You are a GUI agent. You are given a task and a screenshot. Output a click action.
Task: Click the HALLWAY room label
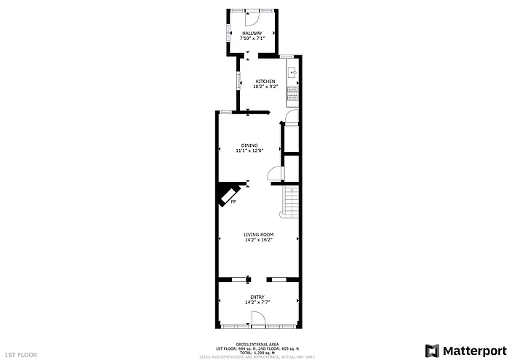tap(252, 33)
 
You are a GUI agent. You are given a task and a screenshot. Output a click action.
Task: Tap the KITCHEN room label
tap(264, 81)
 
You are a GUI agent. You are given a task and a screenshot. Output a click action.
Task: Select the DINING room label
tap(249, 145)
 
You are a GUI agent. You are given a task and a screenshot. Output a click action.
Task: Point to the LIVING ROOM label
tap(257, 234)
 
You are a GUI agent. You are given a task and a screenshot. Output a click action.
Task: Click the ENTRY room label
tap(257, 297)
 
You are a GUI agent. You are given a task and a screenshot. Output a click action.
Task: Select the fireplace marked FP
tap(228, 194)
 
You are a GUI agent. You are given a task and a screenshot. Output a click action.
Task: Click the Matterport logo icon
tap(433, 350)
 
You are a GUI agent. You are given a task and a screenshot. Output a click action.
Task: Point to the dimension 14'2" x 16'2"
tap(257, 240)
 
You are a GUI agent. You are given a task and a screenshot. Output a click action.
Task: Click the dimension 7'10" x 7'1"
tap(252, 38)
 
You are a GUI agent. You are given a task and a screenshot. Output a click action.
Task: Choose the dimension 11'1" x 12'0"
tap(249, 151)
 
